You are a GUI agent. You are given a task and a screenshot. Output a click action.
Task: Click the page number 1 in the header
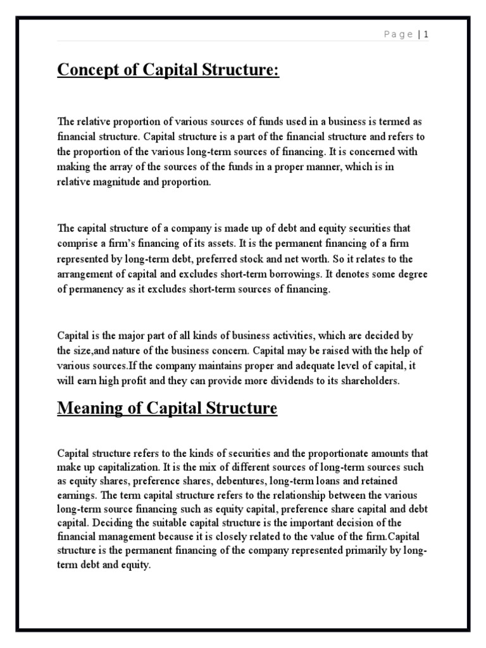[x=427, y=35]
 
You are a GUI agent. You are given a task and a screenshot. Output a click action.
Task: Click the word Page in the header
[x=399, y=35]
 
